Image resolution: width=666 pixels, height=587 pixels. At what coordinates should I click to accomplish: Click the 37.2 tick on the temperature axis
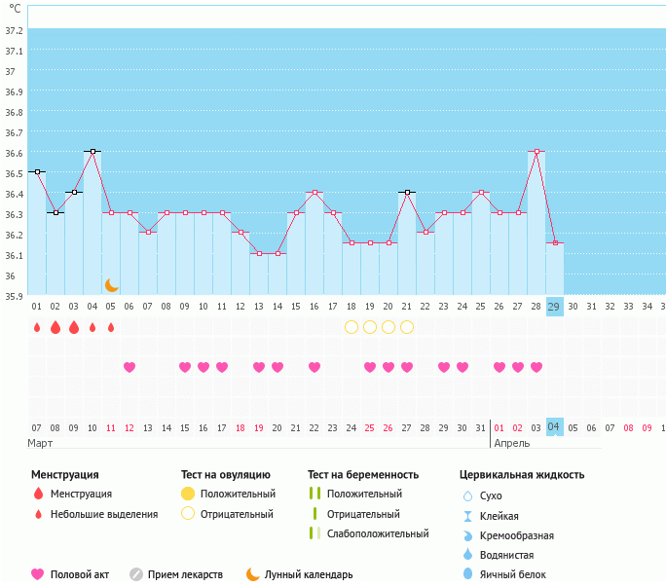[x=14, y=30]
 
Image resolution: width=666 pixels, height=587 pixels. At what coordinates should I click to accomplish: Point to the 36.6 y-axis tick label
[x=14, y=153]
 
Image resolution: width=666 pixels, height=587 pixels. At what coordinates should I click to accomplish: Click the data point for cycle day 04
[x=92, y=151]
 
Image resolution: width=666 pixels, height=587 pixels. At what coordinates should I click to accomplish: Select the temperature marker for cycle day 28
[x=536, y=151]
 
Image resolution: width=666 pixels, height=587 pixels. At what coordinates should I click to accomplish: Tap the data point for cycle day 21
[x=407, y=192]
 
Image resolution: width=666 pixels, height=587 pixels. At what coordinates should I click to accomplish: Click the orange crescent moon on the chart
[x=112, y=285]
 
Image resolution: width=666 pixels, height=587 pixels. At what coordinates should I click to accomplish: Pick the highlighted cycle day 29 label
[x=555, y=307]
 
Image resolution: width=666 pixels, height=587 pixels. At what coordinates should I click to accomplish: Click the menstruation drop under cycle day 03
[x=74, y=327]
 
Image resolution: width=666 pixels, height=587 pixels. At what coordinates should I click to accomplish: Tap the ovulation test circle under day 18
[x=351, y=327]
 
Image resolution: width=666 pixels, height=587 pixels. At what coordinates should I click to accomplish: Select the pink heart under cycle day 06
[x=129, y=367]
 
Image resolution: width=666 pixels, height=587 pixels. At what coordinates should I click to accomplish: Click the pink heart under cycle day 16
[x=314, y=367]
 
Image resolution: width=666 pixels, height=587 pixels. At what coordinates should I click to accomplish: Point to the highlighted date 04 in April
[x=555, y=427]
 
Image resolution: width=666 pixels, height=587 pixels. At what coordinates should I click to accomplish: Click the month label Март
[x=40, y=443]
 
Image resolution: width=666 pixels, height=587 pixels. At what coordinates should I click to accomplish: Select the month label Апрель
[x=512, y=443]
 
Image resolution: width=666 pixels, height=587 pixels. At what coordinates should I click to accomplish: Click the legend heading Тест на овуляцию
[x=225, y=474]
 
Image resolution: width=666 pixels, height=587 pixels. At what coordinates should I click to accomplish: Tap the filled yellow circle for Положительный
[x=188, y=494]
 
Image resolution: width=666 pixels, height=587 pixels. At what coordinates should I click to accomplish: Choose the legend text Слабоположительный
[x=379, y=533]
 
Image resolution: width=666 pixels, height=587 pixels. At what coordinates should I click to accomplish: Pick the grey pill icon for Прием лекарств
[x=136, y=574]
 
